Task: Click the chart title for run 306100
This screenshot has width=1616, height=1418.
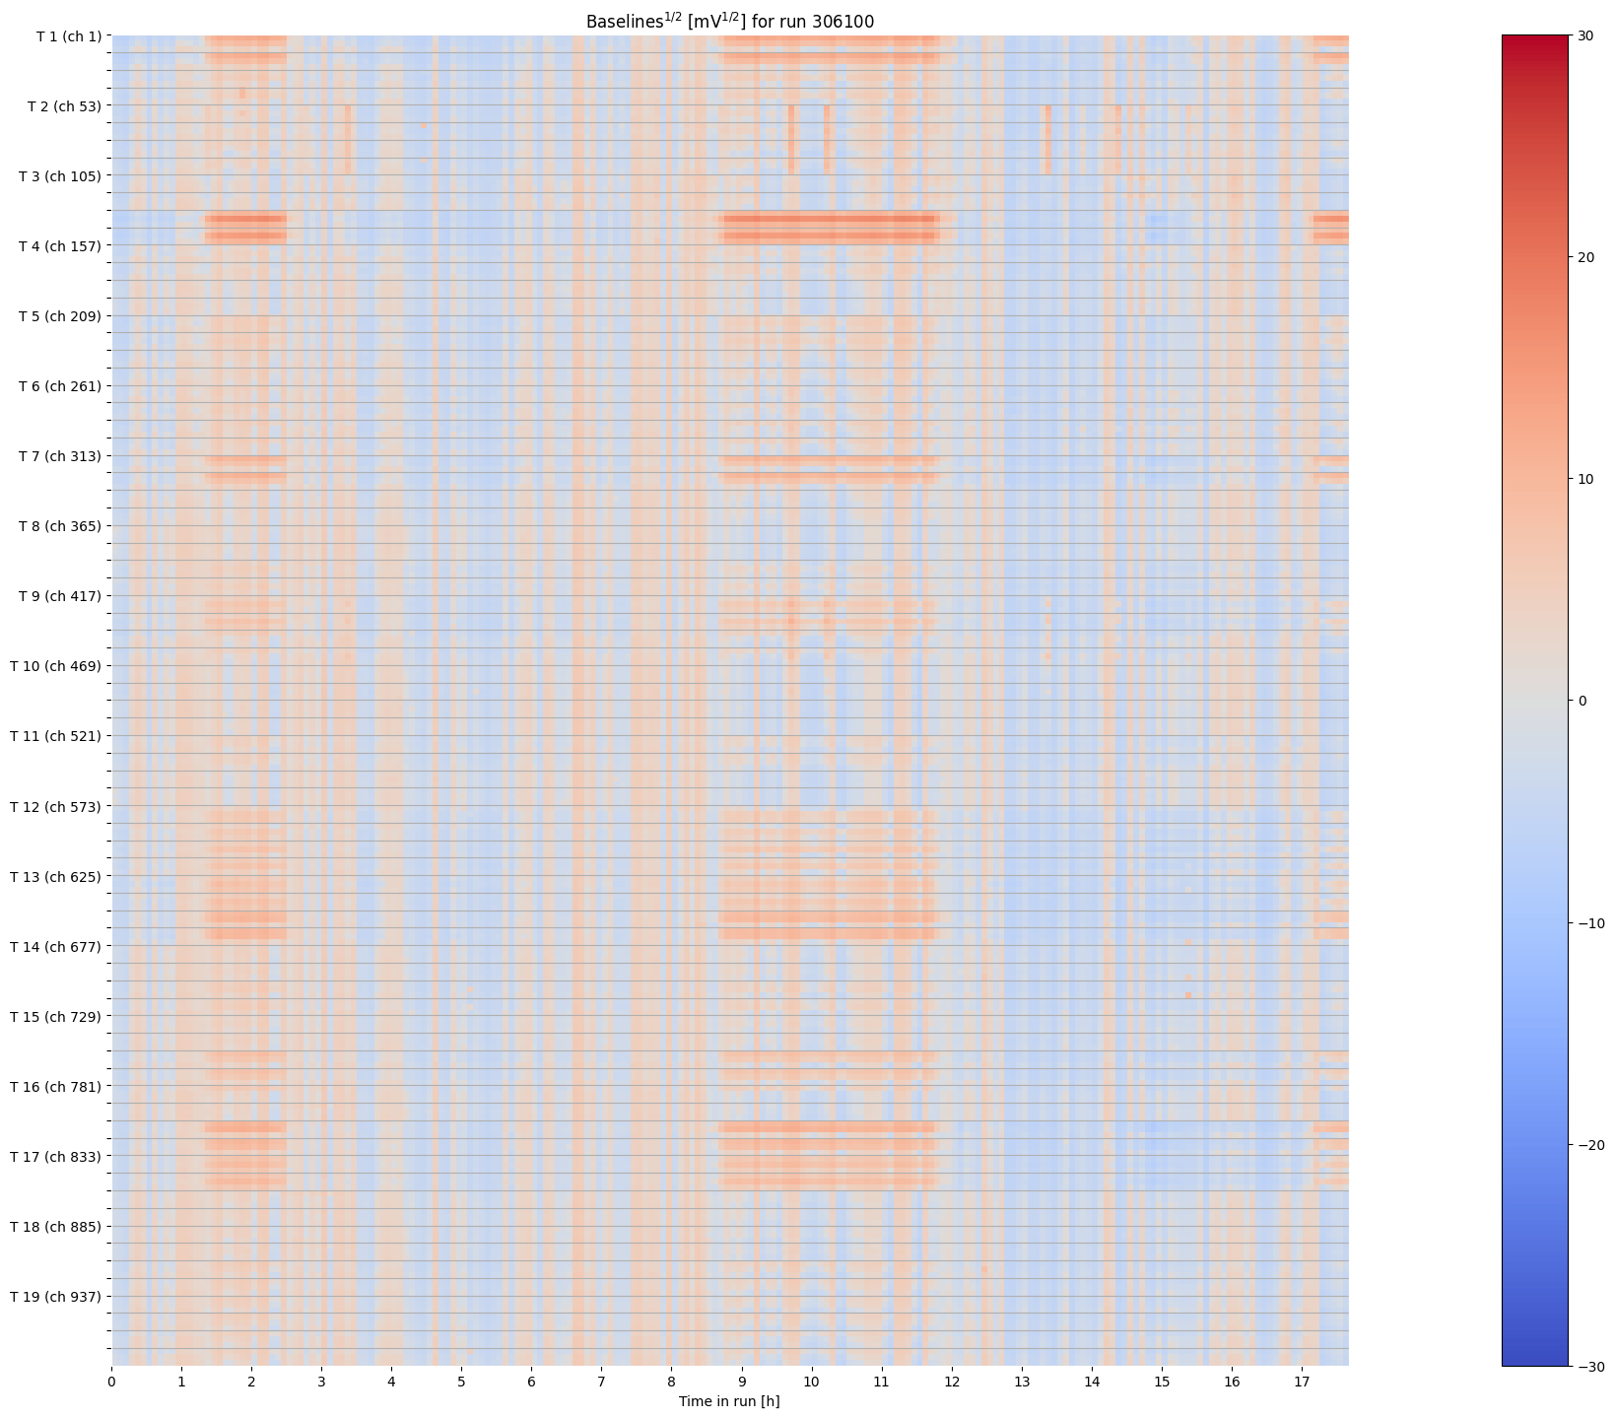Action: pyautogui.click(x=729, y=22)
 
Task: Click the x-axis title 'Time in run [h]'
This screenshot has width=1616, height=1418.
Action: pyautogui.click(x=729, y=1401)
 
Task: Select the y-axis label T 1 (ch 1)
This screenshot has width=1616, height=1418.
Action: pyautogui.click(x=68, y=36)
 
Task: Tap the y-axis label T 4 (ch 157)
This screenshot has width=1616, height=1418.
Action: pyautogui.click(x=60, y=246)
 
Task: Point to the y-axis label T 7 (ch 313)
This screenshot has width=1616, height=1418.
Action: pyautogui.click(x=60, y=456)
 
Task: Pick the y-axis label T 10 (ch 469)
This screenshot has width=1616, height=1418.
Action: pyautogui.click(x=56, y=666)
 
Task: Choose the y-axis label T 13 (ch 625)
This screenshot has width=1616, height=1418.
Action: pyautogui.click(x=56, y=876)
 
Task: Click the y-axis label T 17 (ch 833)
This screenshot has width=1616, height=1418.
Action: pyautogui.click(x=56, y=1157)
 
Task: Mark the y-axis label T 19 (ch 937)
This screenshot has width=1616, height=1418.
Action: pyautogui.click(x=56, y=1297)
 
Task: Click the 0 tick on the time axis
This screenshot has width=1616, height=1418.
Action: pyautogui.click(x=111, y=1382)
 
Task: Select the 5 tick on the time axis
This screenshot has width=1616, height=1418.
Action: pyautogui.click(x=461, y=1382)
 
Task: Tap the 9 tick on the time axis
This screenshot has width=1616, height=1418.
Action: pyautogui.click(x=742, y=1382)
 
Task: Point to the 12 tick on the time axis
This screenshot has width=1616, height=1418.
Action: pyautogui.click(x=952, y=1382)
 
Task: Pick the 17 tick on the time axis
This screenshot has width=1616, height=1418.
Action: pyautogui.click(x=1302, y=1382)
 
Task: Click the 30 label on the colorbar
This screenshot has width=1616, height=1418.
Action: pyautogui.click(x=1585, y=35)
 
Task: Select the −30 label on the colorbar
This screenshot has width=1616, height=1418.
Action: pyautogui.click(x=1589, y=1367)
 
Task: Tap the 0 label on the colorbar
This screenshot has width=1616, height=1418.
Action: pyautogui.click(x=1582, y=701)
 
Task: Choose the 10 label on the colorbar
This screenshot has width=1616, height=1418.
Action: pyautogui.click(x=1585, y=479)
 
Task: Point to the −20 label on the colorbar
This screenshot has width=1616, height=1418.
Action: pyautogui.click(x=1589, y=1145)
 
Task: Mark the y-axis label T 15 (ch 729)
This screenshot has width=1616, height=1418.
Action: pyautogui.click(x=56, y=1016)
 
